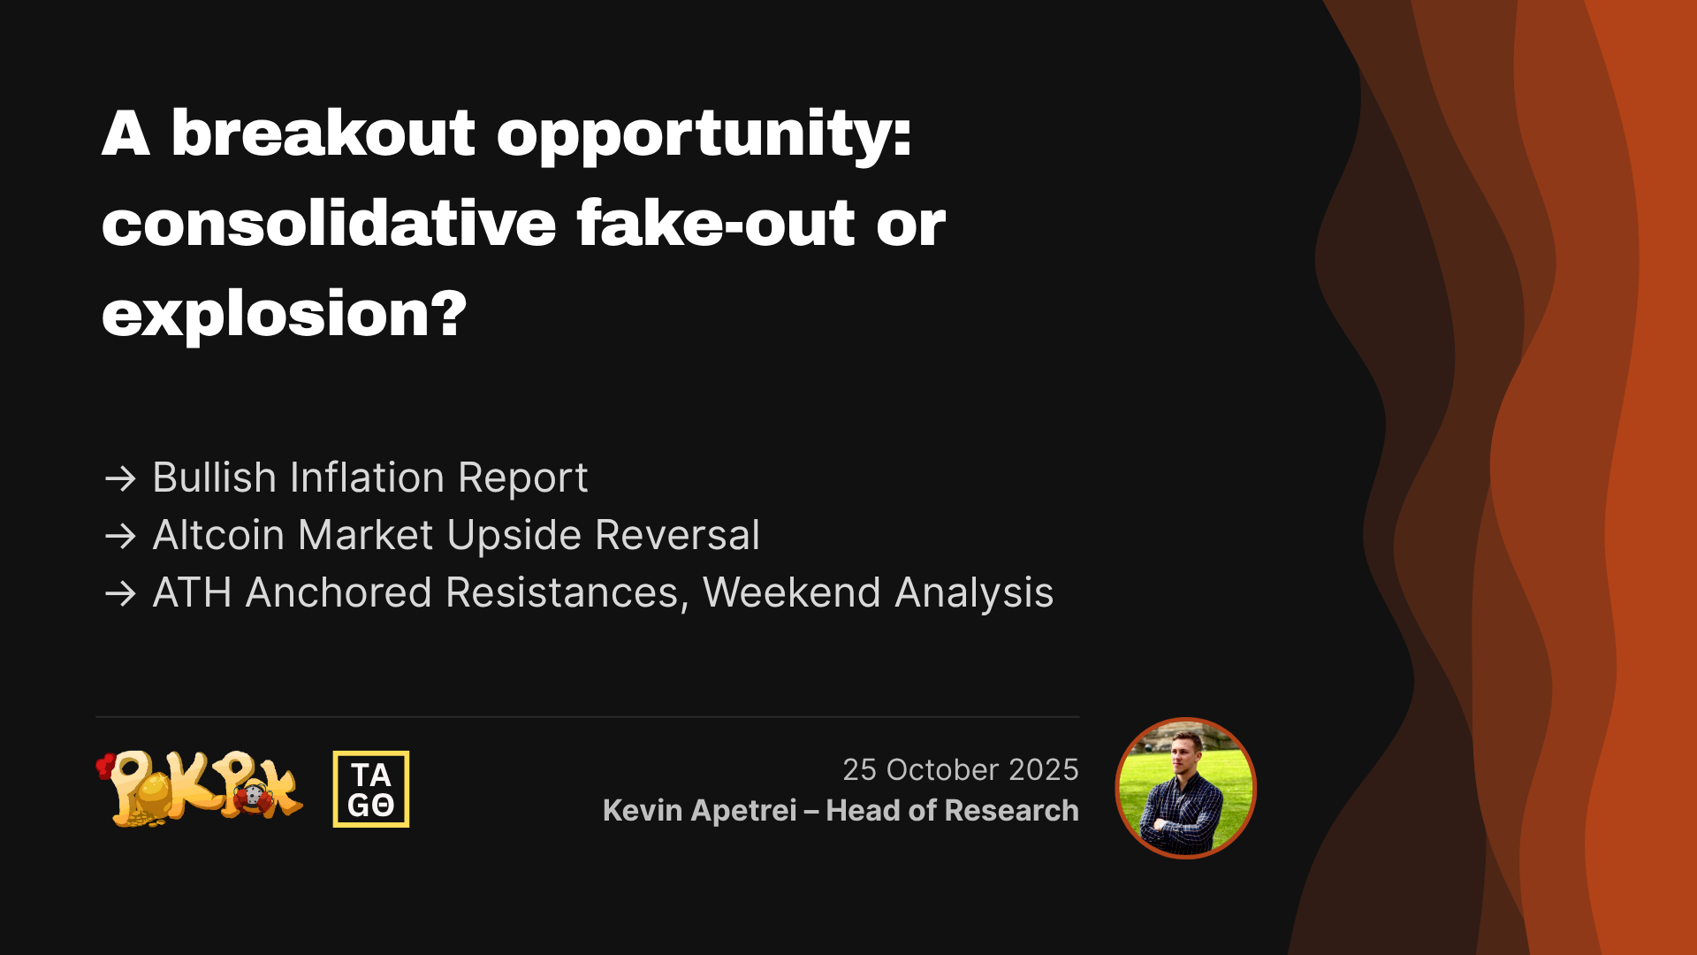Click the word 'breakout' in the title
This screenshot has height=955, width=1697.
coord(323,134)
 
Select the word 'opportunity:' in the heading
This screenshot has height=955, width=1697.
coord(704,137)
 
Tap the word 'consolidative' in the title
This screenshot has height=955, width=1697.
coord(329,222)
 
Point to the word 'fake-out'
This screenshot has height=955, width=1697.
coord(716,222)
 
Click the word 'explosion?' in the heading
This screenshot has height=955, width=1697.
coord(284,313)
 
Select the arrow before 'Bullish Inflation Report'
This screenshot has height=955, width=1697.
coord(120,478)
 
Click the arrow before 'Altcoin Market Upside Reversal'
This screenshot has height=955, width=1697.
coord(120,536)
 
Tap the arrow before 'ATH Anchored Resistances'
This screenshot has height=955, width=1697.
coord(120,593)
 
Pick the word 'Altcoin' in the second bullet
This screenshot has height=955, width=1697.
coord(218,535)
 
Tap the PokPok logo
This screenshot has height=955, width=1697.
coord(200,789)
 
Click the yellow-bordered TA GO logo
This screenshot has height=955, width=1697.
coord(371,789)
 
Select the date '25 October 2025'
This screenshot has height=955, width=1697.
coord(961,769)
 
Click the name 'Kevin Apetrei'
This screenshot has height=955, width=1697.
coord(700,810)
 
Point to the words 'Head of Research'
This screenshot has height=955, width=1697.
coord(952,810)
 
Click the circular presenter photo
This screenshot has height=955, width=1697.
coord(1185,788)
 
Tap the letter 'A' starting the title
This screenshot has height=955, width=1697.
coord(126,134)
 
